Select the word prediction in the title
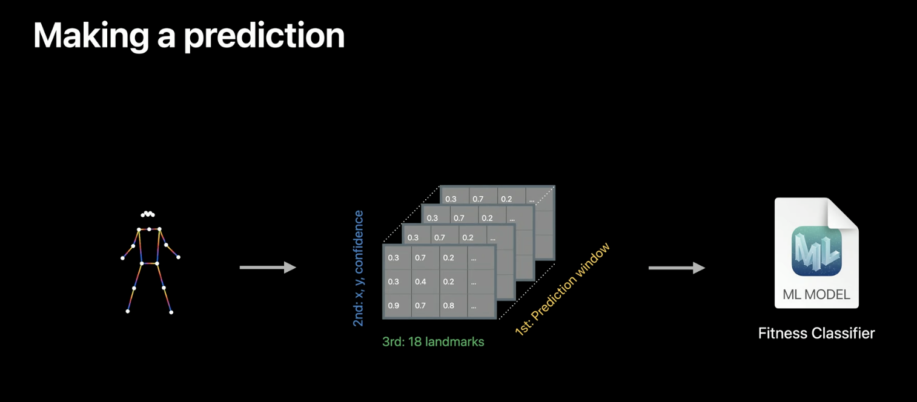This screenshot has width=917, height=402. point(264,36)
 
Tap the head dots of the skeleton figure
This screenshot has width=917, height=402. point(148,214)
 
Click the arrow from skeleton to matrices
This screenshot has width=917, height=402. point(268,267)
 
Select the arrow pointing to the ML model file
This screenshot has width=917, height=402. point(677,267)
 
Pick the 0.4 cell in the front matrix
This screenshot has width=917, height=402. point(420,282)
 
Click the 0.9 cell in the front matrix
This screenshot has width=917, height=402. point(394,306)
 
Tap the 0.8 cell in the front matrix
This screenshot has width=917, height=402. point(448,306)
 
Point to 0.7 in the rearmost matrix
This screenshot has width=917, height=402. point(478,199)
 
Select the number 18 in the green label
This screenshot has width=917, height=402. point(416,342)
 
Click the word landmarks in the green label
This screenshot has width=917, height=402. point(455,342)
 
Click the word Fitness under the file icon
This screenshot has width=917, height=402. point(783,333)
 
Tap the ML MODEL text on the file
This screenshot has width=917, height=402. point(816,295)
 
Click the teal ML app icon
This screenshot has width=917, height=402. point(816,250)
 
